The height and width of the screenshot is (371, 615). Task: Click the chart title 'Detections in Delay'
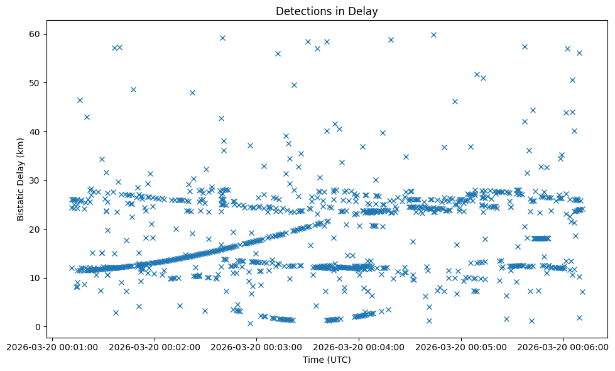point(326,11)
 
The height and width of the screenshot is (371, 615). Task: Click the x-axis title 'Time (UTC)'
point(326,360)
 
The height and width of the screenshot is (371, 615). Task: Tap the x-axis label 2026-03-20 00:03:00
point(256,346)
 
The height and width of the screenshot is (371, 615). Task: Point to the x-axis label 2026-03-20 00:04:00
point(359,346)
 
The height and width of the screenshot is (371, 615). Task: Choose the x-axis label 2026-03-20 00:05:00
point(461,346)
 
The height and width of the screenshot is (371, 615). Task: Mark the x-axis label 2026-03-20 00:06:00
point(563,346)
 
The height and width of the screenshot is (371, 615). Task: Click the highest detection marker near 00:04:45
point(433,35)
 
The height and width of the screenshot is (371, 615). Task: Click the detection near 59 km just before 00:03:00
point(222,38)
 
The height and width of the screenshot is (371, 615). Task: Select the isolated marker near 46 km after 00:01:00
point(80,100)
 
